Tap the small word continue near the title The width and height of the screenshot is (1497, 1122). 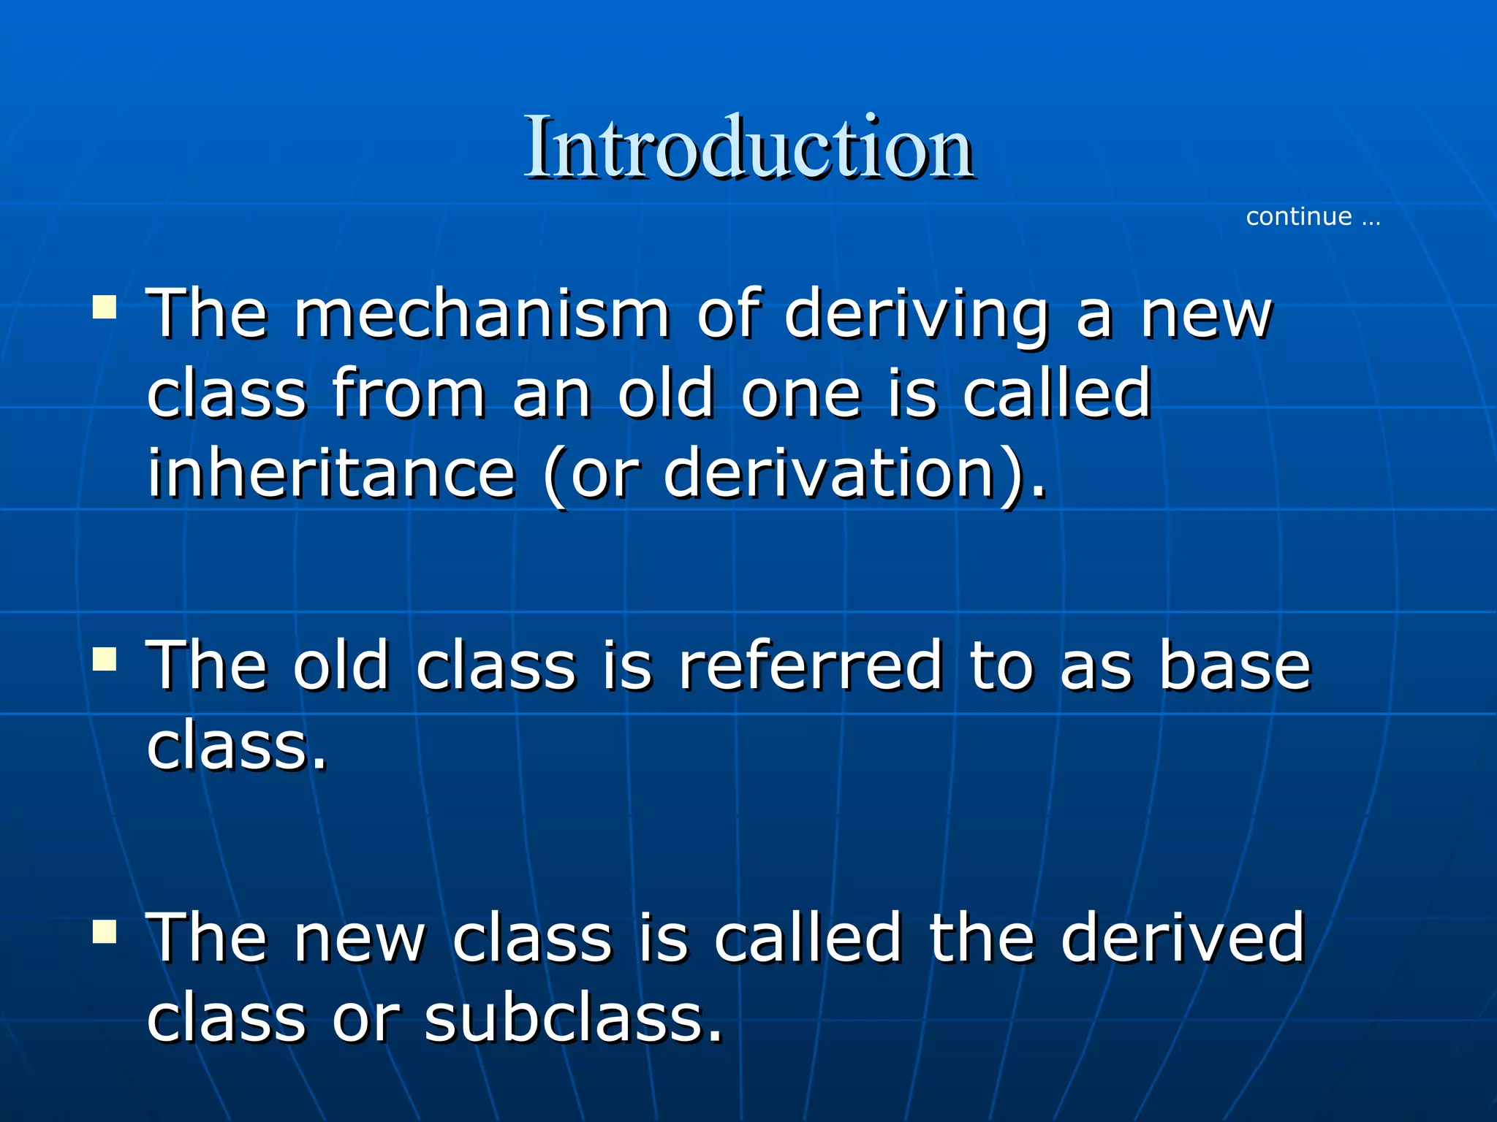tap(1299, 217)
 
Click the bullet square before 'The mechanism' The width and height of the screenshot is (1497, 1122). tap(105, 308)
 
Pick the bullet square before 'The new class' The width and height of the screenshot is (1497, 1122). tap(105, 932)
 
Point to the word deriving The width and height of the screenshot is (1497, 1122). tap(917, 316)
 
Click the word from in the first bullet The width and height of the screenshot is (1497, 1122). tap(409, 394)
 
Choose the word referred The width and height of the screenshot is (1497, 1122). tap(811, 665)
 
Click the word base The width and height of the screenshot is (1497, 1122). tap(1235, 665)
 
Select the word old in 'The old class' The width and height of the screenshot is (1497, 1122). tap(341, 665)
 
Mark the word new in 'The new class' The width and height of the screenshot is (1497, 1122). tap(360, 939)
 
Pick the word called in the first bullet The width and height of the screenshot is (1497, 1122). tap(1057, 394)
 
